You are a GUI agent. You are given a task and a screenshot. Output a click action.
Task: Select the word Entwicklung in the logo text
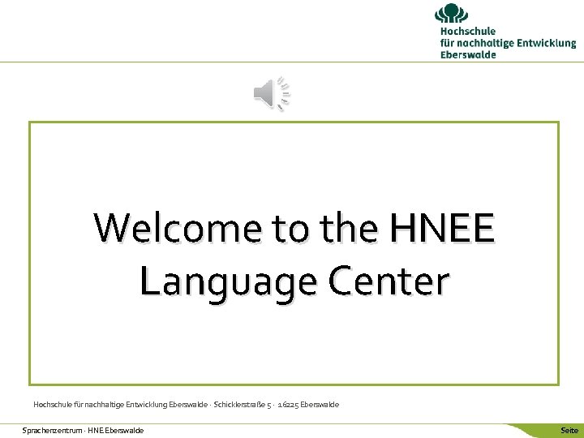tap(545, 43)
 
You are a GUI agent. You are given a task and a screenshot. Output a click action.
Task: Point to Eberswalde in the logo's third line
tap(468, 54)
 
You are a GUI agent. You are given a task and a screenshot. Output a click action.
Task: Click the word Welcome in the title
tap(179, 228)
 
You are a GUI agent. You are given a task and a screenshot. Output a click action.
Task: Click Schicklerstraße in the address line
tap(239, 404)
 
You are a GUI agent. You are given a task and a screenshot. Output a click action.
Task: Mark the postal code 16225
tap(287, 404)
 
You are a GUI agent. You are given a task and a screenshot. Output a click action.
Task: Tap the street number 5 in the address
tap(268, 404)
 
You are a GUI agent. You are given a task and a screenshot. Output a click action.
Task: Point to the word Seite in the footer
tap(569, 430)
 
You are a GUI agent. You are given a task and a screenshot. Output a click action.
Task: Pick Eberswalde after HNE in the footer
tap(125, 430)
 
